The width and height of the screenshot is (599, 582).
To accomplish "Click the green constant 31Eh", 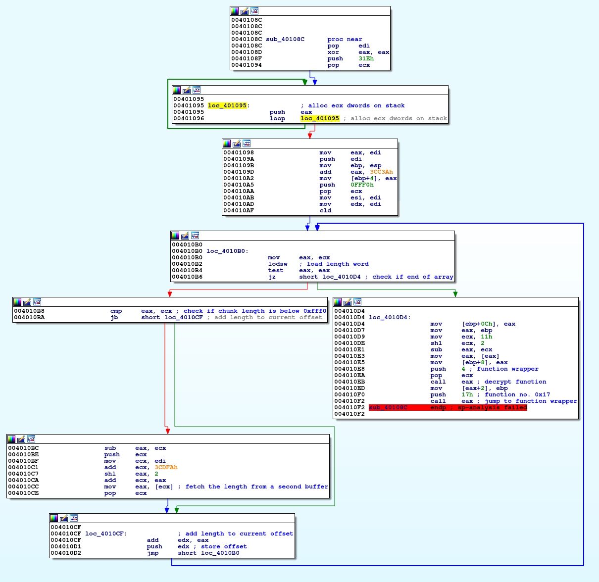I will (366, 58).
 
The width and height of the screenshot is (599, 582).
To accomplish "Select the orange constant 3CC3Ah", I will (381, 172).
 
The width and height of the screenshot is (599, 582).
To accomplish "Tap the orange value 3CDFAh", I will (166, 467).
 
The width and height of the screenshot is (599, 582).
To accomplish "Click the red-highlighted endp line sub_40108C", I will (448, 408).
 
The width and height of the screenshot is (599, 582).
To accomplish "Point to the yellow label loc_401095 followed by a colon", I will (228, 105).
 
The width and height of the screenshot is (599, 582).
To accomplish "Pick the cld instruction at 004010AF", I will (325, 210).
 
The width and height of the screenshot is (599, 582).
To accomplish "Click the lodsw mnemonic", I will (277, 264).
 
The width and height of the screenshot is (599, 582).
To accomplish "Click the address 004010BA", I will (29, 317).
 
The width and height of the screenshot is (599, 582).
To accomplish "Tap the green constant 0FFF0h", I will (362, 185).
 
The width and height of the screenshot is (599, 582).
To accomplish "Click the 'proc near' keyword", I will (345, 39).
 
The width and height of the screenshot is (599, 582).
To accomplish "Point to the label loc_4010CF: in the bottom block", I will (106, 533).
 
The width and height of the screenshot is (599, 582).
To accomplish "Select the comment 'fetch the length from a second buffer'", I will (256, 486).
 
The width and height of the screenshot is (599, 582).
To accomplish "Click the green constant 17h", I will (467, 394).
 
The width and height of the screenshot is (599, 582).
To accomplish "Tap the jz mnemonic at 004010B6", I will (272, 277).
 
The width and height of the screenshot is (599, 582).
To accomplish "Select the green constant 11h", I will (486, 337).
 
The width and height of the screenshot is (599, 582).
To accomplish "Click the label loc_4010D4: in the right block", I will (390, 317).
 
